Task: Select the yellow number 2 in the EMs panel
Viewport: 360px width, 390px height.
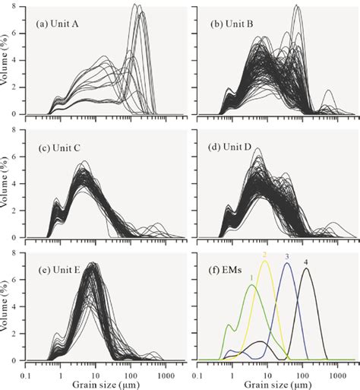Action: pyautogui.click(x=264, y=254)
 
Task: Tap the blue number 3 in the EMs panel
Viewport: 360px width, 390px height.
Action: pyautogui.click(x=287, y=257)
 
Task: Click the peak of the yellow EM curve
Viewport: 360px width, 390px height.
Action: pyautogui.click(x=265, y=262)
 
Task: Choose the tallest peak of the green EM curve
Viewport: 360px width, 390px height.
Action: pyautogui.click(x=251, y=287)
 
